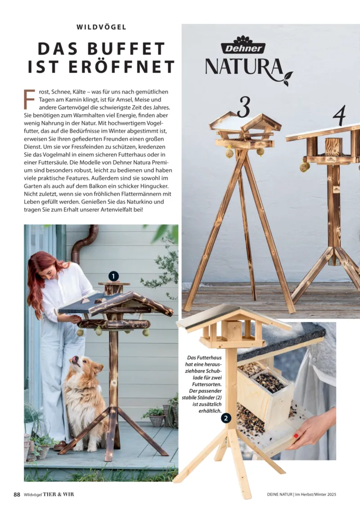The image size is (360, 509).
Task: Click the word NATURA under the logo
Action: (x=244, y=67)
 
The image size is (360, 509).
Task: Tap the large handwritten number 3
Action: (x=244, y=107)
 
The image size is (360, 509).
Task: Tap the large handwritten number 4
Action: (x=339, y=115)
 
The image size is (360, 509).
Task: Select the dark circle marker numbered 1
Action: (x=113, y=277)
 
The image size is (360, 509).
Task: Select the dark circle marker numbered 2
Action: (x=226, y=419)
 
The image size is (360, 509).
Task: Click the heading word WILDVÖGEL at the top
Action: (x=101, y=27)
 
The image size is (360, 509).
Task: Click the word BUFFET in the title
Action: (x=127, y=49)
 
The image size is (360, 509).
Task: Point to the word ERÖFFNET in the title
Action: (x=122, y=67)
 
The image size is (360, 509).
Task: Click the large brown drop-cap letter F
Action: (x=29, y=99)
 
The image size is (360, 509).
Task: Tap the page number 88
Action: (x=17, y=495)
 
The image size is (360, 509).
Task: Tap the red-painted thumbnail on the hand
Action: (x=296, y=436)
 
